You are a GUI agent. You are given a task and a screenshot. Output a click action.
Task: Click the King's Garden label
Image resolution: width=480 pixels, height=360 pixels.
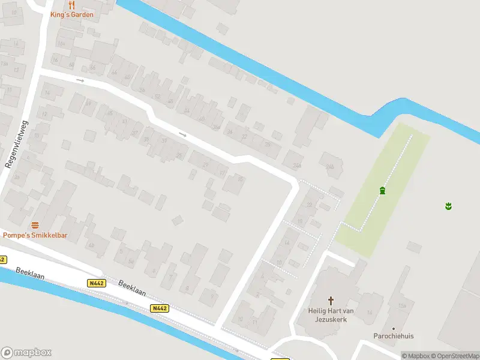[x=72, y=14]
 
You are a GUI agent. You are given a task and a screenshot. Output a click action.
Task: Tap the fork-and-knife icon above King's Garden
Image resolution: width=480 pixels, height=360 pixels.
[x=71, y=5]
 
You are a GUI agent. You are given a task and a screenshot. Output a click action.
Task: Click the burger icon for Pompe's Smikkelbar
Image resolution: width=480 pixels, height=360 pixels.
[x=35, y=225]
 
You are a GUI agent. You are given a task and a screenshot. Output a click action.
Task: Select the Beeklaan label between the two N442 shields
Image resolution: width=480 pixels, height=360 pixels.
[x=131, y=288]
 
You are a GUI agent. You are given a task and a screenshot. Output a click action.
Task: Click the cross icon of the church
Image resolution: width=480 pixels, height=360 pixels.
[x=331, y=300]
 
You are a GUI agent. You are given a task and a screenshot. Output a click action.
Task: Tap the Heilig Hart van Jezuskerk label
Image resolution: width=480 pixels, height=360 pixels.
[x=331, y=315]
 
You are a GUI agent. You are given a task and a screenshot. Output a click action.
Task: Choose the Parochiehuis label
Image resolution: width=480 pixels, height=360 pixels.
[x=394, y=337]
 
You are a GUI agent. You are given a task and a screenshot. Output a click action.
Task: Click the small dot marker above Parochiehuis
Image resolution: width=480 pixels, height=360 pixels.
[x=394, y=328]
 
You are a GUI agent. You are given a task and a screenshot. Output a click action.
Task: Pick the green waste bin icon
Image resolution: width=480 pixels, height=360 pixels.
[x=382, y=191]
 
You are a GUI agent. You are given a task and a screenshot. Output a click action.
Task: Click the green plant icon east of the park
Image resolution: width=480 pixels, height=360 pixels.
[x=448, y=206]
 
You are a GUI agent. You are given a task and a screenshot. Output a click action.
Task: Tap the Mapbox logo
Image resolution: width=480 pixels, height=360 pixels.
[x=26, y=353]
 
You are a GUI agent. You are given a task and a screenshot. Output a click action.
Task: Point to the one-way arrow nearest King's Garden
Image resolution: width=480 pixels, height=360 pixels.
[x=80, y=80]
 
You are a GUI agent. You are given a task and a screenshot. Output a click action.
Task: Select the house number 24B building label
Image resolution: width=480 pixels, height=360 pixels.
[x=329, y=167]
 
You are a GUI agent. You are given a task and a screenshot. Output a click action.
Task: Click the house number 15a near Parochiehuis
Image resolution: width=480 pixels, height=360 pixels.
[x=401, y=307]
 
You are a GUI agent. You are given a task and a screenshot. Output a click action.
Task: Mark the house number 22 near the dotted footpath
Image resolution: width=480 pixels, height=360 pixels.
[x=310, y=205]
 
